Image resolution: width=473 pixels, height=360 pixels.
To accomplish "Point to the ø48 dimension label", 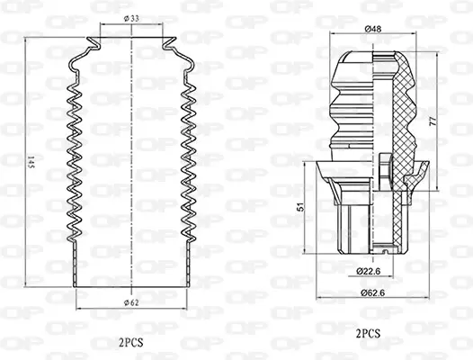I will click(371, 30).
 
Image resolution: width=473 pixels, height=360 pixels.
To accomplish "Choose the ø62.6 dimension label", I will click(370, 291).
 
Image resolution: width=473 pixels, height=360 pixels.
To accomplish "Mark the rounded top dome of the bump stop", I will click(370, 57).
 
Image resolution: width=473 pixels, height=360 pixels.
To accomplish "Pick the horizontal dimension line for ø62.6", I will click(370, 298).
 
